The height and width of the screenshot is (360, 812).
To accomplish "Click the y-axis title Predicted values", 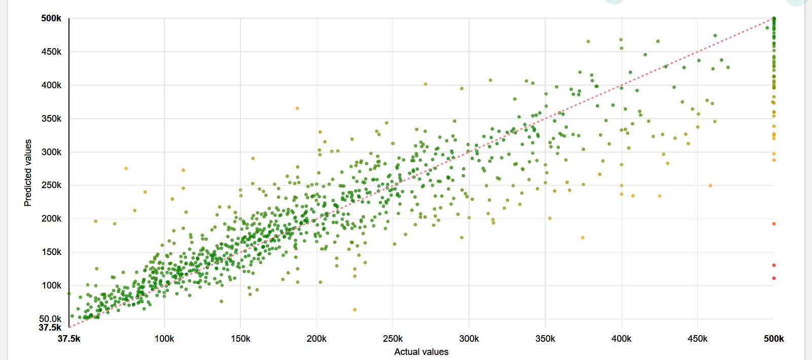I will [x=28, y=173].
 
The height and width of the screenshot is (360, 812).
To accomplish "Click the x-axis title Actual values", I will [x=421, y=352].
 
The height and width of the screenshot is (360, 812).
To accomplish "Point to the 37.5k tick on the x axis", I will [x=69, y=339].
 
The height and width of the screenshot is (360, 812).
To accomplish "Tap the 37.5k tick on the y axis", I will [x=50, y=328].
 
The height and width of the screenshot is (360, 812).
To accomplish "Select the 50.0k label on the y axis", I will [x=50, y=319].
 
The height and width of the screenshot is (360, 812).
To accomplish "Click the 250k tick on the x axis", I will [x=393, y=339].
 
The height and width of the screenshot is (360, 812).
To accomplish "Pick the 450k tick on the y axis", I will [x=52, y=52].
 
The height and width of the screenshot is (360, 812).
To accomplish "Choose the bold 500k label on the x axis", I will [x=773, y=339].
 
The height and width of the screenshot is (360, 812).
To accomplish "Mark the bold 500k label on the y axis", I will [x=51, y=19].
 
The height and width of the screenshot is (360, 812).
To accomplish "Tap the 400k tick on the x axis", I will [x=621, y=339].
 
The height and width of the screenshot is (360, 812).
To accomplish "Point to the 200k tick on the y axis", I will [x=52, y=219].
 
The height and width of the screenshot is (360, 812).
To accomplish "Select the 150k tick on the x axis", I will [x=240, y=339].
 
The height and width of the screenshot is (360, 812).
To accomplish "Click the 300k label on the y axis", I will [x=52, y=152].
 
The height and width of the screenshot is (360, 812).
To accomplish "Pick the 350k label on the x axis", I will [x=545, y=339].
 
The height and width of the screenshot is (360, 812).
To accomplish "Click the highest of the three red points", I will [x=774, y=224].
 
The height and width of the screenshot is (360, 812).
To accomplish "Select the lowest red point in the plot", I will [x=774, y=278].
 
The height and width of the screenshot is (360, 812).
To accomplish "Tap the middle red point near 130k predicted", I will [x=774, y=265].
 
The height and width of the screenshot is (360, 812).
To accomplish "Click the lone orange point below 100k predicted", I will [x=355, y=309].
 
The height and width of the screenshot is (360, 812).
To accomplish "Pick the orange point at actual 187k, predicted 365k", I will [x=297, y=109].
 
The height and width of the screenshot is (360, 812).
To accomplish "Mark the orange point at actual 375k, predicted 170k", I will [x=583, y=238].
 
